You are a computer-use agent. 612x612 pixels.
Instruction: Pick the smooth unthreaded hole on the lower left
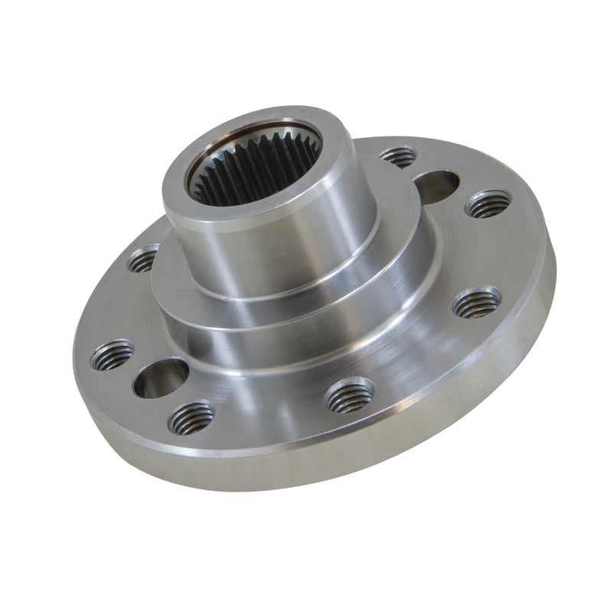pyautogui.click(x=161, y=378)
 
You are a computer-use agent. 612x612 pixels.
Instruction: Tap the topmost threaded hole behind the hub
pyautogui.click(x=398, y=157)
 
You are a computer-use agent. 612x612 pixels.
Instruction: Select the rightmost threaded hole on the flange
pyautogui.click(x=488, y=204)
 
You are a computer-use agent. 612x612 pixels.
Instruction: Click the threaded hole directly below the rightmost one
pyautogui.click(x=477, y=304)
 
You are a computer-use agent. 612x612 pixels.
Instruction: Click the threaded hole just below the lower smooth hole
pyautogui.click(x=191, y=418)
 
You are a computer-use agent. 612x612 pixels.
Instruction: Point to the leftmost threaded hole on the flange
pyautogui.click(x=112, y=355)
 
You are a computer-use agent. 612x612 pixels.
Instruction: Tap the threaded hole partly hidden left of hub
pyautogui.click(x=144, y=259)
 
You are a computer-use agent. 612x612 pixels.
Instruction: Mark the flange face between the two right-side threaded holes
pyautogui.click(x=490, y=252)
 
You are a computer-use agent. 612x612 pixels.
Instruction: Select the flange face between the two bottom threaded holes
pyautogui.click(x=268, y=413)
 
